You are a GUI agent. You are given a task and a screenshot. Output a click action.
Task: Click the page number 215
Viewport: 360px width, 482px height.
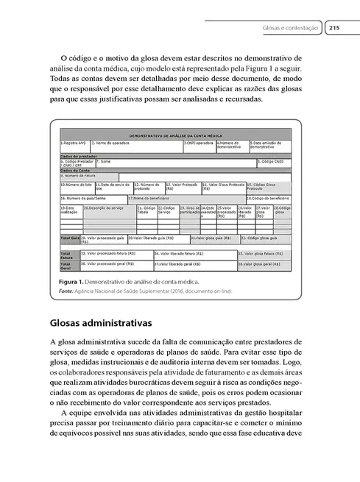click(x=333, y=29)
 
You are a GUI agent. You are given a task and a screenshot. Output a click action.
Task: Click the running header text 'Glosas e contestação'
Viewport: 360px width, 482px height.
click(x=290, y=29)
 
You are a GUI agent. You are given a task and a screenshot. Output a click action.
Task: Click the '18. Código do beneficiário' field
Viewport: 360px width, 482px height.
click(x=267, y=198)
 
